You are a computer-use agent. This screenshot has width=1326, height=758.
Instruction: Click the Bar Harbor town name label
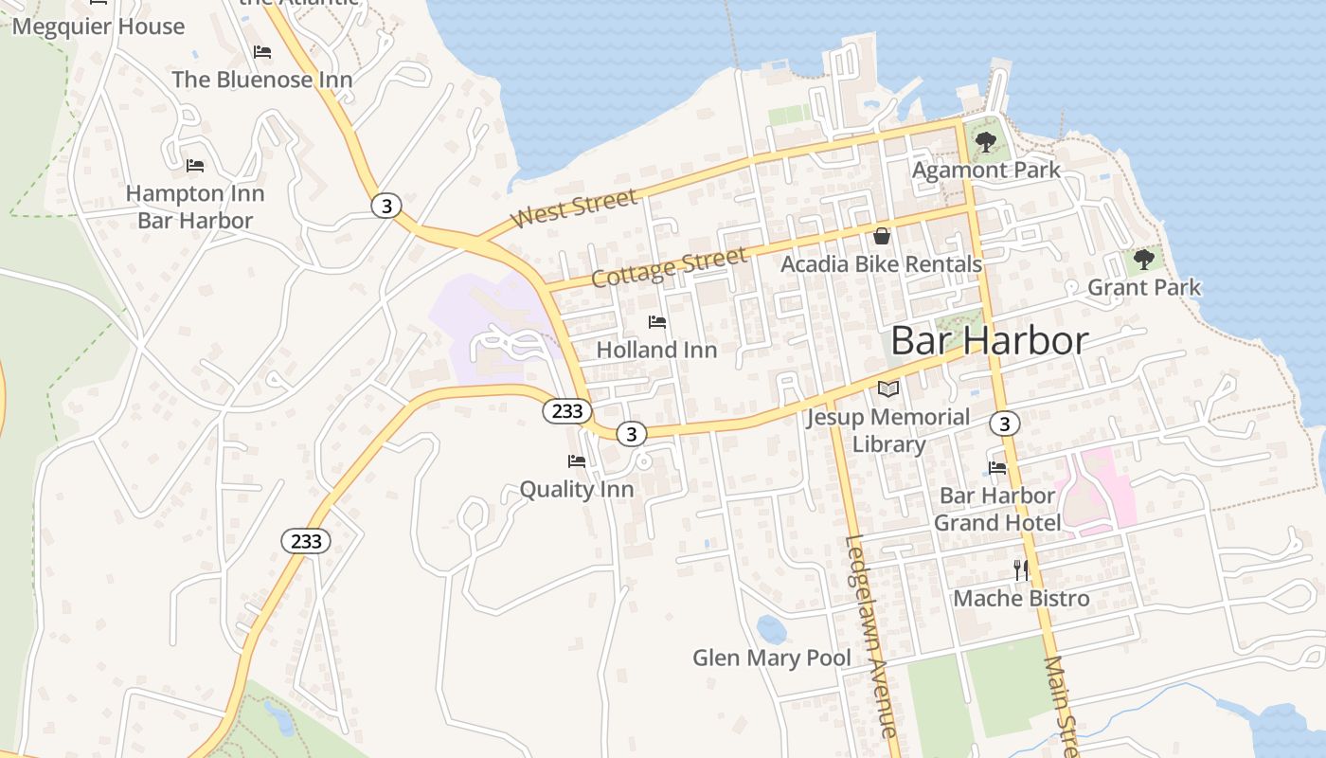[990, 341]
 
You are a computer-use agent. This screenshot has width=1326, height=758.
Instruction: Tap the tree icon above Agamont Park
[985, 143]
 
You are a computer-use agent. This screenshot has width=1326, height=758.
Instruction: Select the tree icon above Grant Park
[1144, 259]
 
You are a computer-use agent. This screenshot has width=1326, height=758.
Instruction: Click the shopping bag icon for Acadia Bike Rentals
[882, 236]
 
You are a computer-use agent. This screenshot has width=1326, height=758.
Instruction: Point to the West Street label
[574, 208]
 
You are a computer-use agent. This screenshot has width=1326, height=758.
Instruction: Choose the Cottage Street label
[669, 268]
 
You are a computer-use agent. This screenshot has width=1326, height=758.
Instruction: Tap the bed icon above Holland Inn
[657, 322]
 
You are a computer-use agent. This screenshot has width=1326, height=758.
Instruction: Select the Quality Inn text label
[576, 490]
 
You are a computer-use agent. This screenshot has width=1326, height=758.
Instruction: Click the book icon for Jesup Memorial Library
[887, 388]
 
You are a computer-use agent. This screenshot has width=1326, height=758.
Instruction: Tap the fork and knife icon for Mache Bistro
[1020, 569]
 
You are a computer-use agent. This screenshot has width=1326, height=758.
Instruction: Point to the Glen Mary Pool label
[772, 658]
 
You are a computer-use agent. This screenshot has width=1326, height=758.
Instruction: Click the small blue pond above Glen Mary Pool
[771, 628]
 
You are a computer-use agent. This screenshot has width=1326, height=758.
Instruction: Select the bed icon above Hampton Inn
[195, 166]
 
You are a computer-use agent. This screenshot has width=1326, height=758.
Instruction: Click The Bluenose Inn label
[262, 80]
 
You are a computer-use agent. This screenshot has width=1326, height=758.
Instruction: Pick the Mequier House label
[99, 27]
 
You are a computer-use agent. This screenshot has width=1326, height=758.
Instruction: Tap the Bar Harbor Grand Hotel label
[997, 509]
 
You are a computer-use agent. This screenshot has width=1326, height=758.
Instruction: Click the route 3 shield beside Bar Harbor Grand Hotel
[1005, 423]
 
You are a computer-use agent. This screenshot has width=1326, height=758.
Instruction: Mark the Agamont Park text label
[986, 171]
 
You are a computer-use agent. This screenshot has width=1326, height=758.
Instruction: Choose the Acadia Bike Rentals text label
[881, 264]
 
